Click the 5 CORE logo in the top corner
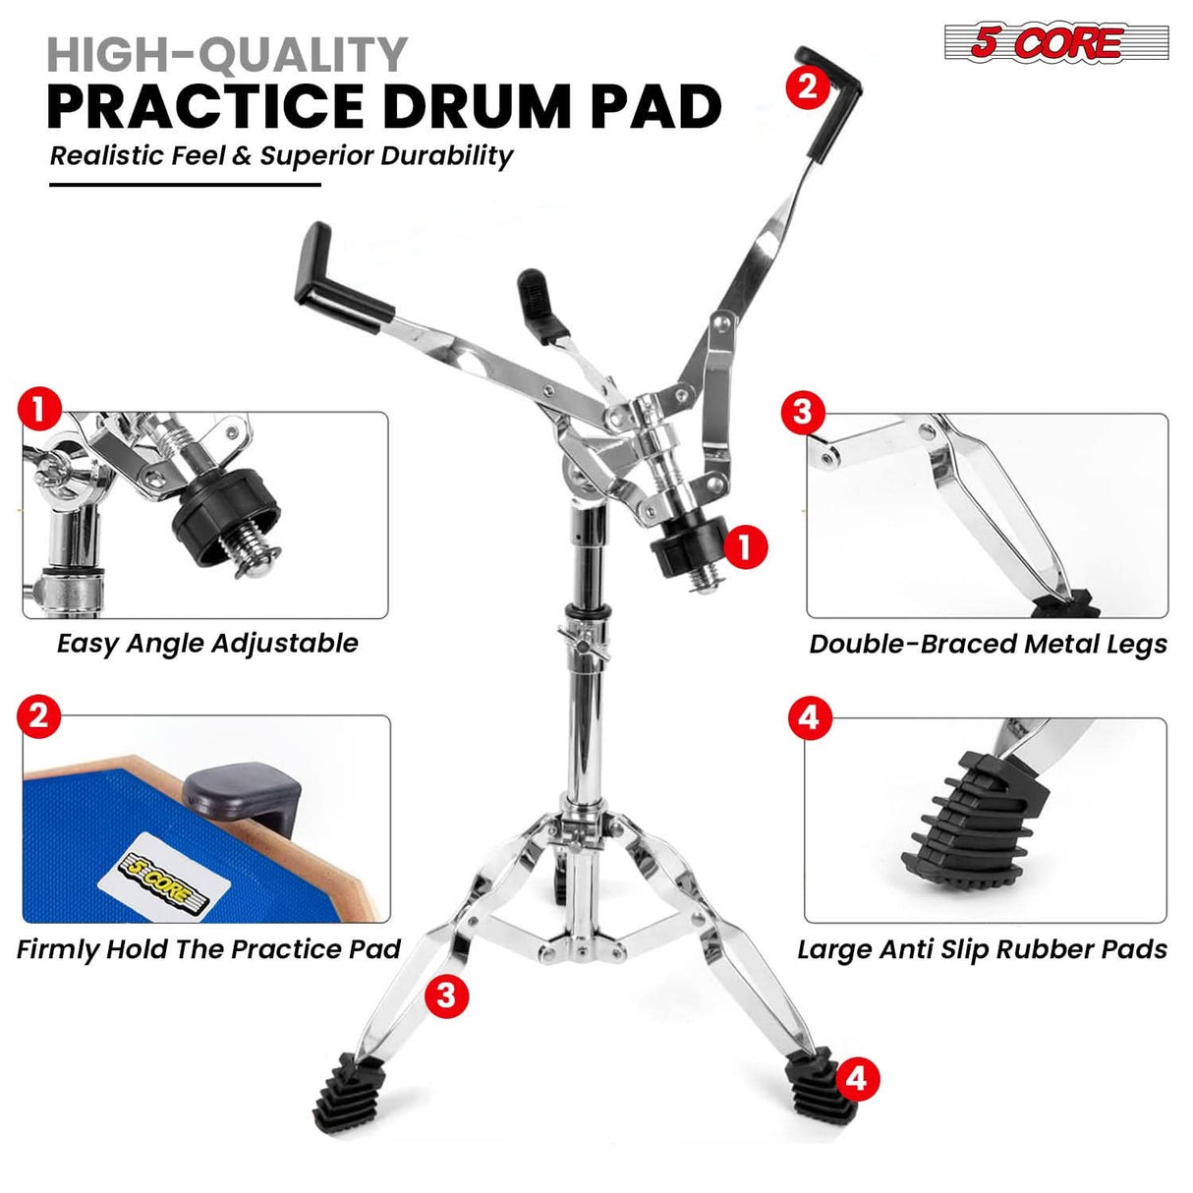tap(1055, 43)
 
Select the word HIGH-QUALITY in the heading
tap(227, 55)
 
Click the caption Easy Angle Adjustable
tap(206, 644)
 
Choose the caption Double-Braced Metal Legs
tap(988, 645)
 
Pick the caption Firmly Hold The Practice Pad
tap(208, 949)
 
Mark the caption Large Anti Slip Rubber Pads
tap(982, 949)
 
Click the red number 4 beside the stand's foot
tap(856, 1078)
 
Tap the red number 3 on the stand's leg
tap(446, 995)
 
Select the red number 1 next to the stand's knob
tap(745, 546)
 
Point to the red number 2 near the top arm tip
tap(807, 86)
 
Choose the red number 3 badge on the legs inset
tap(802, 412)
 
